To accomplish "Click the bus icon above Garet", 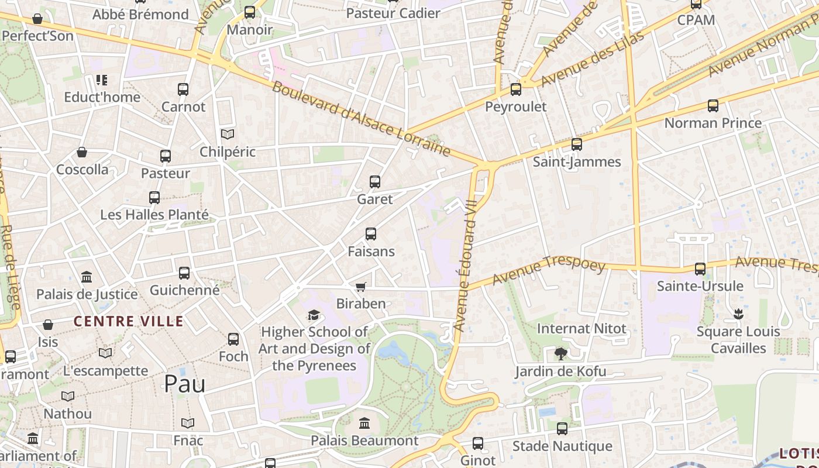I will tap(375, 182).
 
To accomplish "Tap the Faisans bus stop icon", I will tap(371, 234).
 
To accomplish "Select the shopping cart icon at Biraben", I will tap(360, 287).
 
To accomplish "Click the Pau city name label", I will tap(184, 384).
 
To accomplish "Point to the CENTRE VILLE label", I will tap(129, 321).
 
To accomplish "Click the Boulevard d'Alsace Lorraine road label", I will tap(361, 120).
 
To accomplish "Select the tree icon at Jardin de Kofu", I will tap(560, 353).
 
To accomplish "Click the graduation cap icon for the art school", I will tap(314, 315).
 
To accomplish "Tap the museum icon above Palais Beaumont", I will tap(364, 423).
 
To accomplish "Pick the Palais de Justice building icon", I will tap(87, 277).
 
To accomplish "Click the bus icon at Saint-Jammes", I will tap(577, 144).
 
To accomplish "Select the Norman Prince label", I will tap(713, 123).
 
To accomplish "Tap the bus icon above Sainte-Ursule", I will tap(700, 269).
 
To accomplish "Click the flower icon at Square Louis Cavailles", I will tap(738, 314).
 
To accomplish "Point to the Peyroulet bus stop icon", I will tap(516, 90).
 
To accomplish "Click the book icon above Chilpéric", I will tap(228, 135).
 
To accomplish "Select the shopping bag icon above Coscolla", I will tap(82, 153).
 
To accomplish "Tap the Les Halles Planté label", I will tap(154, 215).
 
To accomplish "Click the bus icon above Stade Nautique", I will tap(562, 429).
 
